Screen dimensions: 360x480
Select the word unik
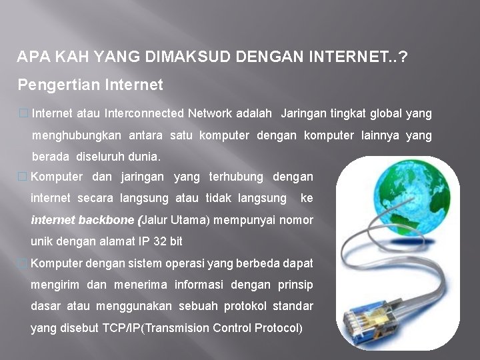[41, 241]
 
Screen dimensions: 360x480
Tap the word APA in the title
[29, 59]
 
